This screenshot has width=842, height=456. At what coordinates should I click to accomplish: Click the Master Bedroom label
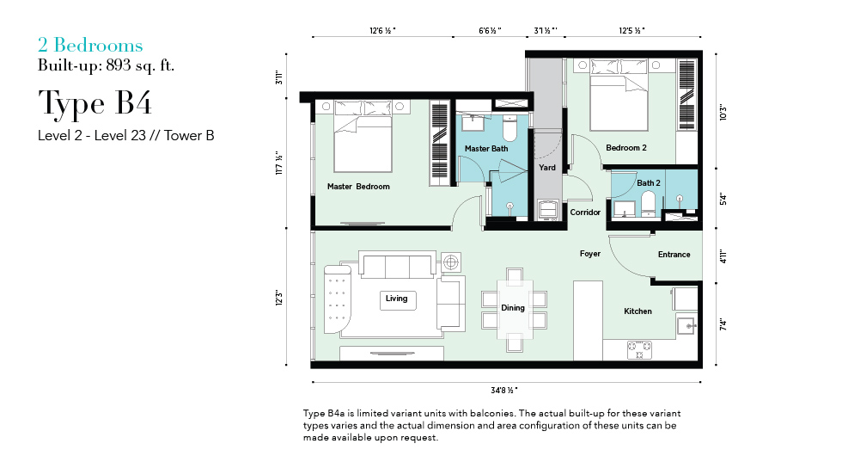click(358, 187)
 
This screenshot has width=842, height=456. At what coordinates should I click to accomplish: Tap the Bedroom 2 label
click(626, 147)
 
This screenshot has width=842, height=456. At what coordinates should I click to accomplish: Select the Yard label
click(547, 167)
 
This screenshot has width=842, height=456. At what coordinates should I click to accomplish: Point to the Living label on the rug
click(396, 299)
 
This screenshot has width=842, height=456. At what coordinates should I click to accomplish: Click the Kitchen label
click(638, 311)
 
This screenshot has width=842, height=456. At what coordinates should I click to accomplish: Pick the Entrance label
click(674, 255)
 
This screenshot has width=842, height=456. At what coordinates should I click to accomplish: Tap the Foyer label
click(589, 254)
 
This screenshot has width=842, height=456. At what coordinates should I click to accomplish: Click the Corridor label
click(585, 213)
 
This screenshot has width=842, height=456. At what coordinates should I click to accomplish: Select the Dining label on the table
click(513, 308)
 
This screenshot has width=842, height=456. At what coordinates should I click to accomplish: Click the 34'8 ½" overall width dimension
click(504, 391)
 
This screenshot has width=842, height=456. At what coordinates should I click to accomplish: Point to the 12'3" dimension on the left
click(278, 298)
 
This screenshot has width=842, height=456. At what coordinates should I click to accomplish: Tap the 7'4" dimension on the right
click(723, 325)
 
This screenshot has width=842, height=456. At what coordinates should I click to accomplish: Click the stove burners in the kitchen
click(639, 350)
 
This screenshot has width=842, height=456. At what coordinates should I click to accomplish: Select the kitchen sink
click(686, 326)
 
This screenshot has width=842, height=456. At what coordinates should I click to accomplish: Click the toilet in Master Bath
click(509, 128)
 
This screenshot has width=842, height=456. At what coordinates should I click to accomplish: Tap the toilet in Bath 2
click(648, 203)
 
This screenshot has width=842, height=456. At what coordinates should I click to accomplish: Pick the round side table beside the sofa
click(450, 262)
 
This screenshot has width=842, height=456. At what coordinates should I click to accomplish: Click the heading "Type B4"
click(95, 104)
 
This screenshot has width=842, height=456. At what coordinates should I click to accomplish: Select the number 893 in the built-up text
click(119, 65)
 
